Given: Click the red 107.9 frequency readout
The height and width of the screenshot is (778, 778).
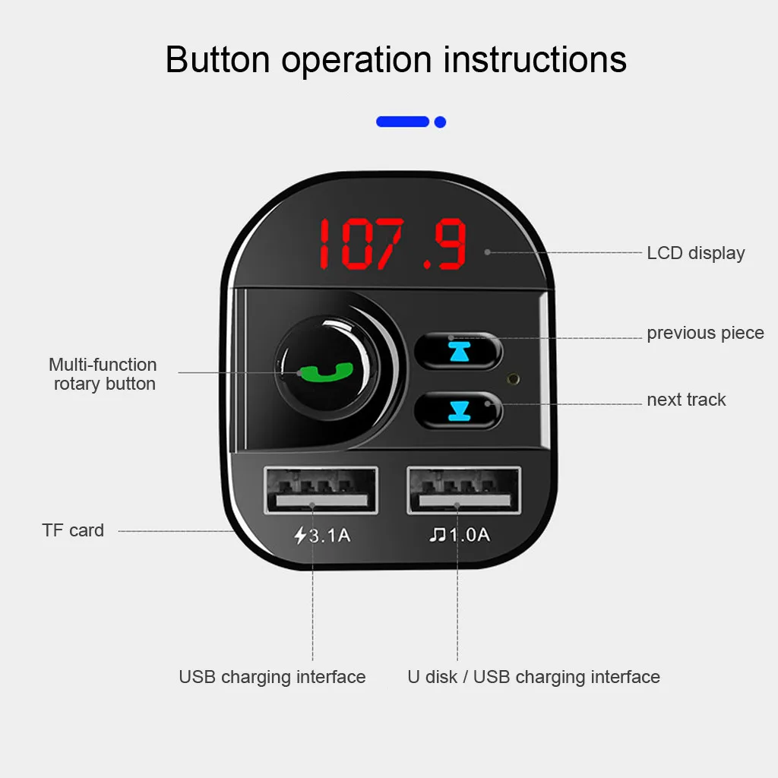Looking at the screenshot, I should pos(392,245).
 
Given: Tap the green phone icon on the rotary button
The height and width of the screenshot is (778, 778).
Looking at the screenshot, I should pos(326,372).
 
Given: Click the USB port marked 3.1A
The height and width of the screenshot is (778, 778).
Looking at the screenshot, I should pos(321,491).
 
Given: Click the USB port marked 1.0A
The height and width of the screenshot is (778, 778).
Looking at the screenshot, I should pos(463,491).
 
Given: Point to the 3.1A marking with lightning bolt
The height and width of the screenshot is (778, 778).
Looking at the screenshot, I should pos(323,535).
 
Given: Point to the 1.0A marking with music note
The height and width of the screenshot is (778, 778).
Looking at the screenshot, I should pos(460,535).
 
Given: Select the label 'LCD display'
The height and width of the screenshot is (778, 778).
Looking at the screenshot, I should pos(695,253).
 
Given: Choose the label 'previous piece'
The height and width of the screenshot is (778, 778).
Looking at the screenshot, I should pos(705,334).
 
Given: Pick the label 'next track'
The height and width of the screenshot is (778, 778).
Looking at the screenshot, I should pos(686,400).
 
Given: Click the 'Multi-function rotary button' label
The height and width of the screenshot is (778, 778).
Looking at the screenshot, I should pos(103,374).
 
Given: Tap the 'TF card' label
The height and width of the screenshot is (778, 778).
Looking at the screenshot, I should pos(73,530).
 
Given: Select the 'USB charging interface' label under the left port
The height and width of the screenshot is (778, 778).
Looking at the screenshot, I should pos(272,677).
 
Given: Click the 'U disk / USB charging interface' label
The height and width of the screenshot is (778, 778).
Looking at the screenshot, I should pos(533,677).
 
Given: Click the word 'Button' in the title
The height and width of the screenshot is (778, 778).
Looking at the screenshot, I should pos(218,59).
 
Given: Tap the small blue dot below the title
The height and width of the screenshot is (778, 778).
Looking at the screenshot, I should pos(440,122).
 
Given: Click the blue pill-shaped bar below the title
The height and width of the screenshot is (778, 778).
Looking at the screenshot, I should pos(403,122).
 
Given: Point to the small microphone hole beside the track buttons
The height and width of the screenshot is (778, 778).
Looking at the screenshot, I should pos(514,377).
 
